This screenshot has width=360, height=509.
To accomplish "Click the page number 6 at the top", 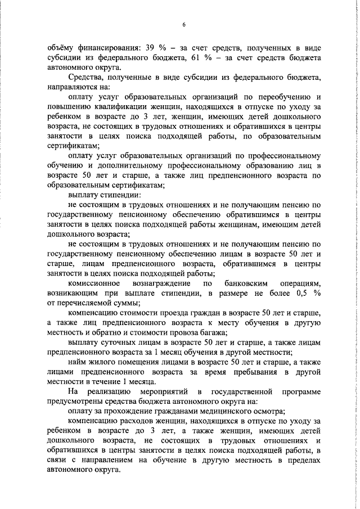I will pyautogui.click(x=183, y=24).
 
